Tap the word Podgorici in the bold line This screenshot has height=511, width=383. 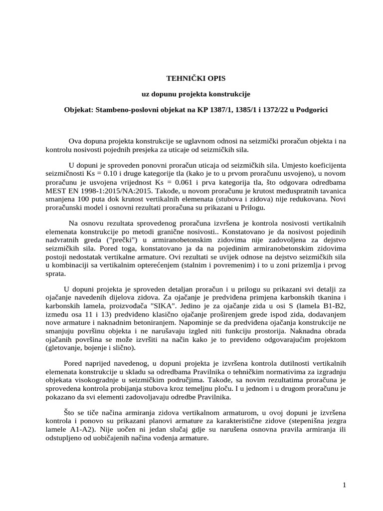pyautogui.click(x=311, y=109)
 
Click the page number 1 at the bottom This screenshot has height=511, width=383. pyautogui.click(x=344, y=485)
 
